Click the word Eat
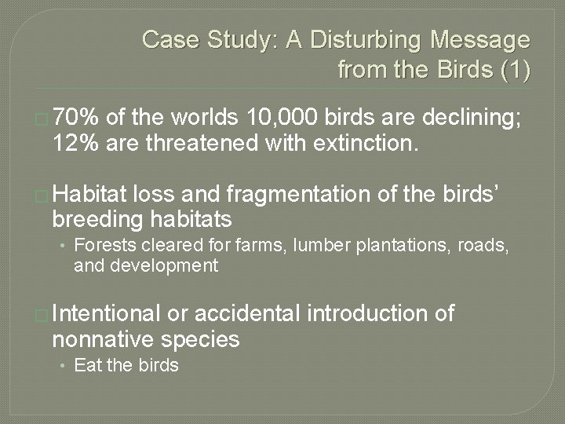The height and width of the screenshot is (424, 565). [86, 365]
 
